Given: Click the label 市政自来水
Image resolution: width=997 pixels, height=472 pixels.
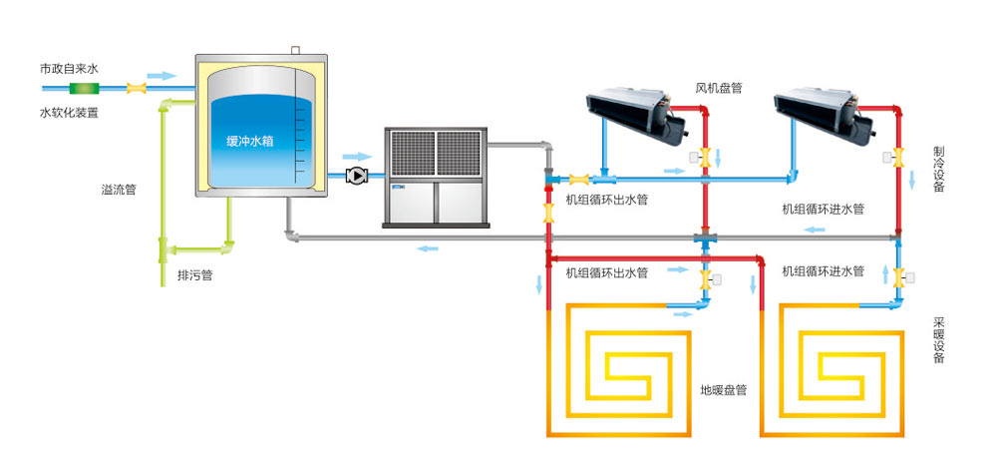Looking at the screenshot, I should click(69, 69).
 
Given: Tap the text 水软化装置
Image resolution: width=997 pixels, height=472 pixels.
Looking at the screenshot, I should click(69, 113).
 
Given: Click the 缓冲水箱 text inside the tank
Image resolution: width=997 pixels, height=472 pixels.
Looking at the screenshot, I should click(249, 141).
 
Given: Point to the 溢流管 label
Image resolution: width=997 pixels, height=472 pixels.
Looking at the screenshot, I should click(119, 189).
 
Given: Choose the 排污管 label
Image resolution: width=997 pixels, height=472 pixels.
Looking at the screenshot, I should click(194, 273).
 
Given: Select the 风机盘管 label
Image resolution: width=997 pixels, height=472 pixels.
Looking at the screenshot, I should click(718, 88).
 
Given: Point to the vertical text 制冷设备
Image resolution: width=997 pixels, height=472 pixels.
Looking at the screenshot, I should click(939, 170).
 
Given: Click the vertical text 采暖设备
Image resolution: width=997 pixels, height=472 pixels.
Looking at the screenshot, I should click(939, 341).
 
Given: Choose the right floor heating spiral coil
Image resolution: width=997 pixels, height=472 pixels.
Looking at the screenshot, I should click(832, 369).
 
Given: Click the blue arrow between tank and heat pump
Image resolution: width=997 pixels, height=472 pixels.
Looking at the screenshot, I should click(356, 157).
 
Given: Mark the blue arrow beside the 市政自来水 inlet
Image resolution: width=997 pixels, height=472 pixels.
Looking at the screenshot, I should click(160, 76).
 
